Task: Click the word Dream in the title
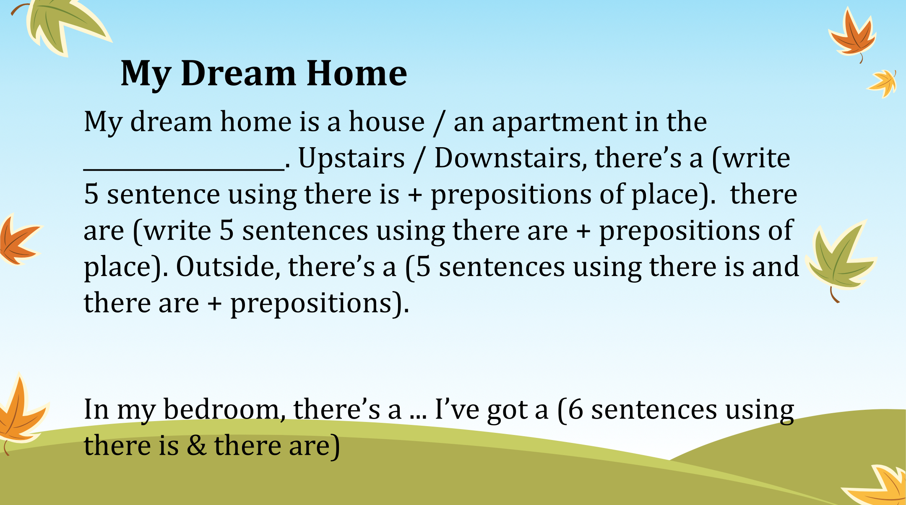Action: (x=238, y=73)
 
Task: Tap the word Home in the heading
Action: (x=357, y=73)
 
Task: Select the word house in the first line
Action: (x=387, y=122)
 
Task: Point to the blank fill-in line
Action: (x=184, y=169)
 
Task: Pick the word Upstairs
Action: (x=351, y=159)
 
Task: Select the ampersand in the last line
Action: (x=196, y=446)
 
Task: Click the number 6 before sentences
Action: (x=575, y=410)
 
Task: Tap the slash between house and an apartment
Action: (x=439, y=123)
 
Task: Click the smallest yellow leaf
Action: (x=882, y=83)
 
